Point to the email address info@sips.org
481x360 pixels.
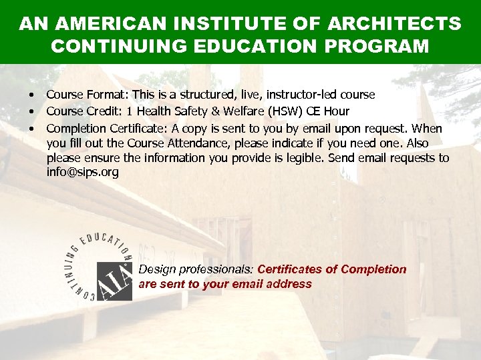point(82,172)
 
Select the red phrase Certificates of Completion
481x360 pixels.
point(332,269)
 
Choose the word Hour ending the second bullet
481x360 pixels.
point(337,111)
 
